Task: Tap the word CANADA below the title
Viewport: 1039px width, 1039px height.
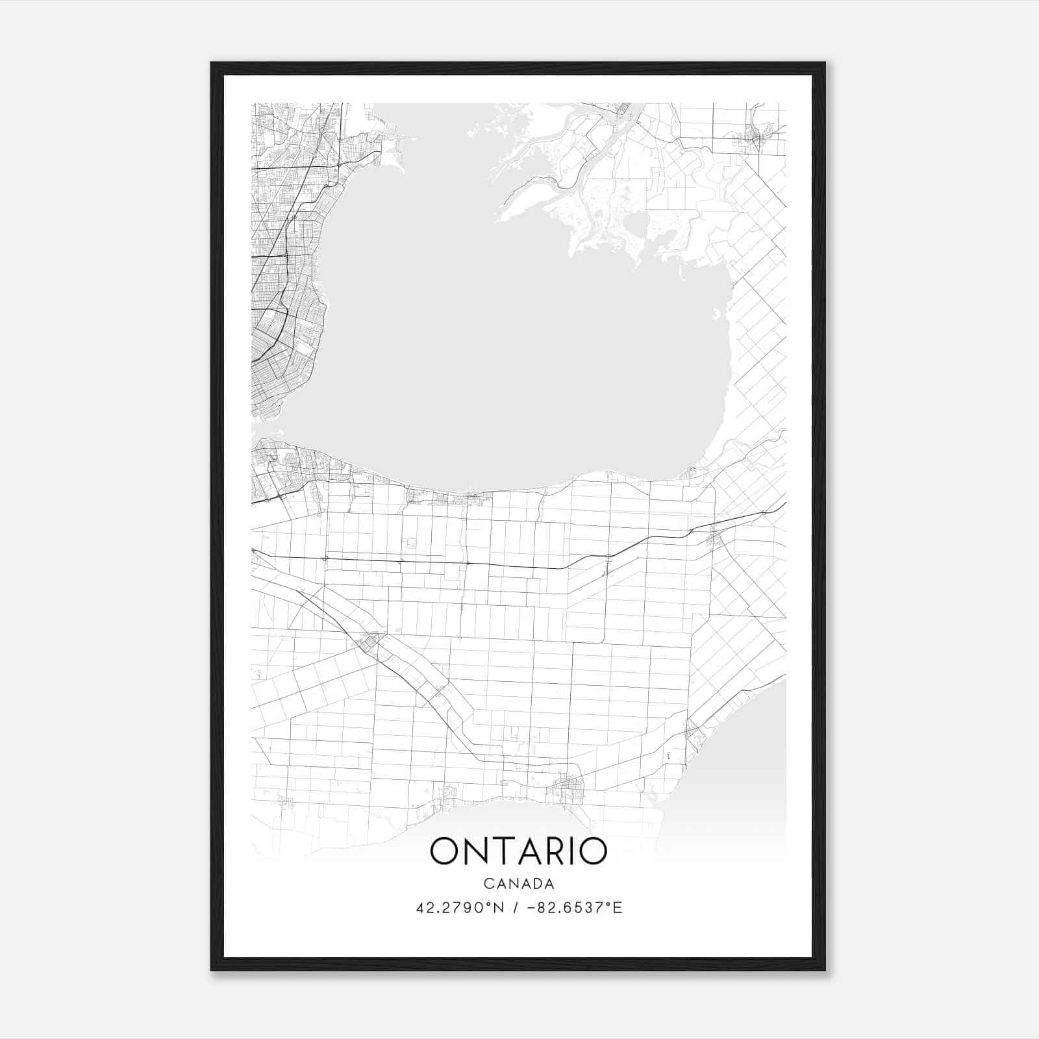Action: [x=518, y=883]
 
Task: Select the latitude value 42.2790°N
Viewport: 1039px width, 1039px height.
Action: [x=460, y=908]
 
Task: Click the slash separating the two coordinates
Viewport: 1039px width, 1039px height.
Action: [x=518, y=908]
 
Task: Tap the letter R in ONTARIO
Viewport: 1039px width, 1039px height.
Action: [x=559, y=851]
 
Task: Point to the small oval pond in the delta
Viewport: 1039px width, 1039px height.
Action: [x=634, y=227]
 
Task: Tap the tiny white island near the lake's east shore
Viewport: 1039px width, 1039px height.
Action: [x=716, y=316]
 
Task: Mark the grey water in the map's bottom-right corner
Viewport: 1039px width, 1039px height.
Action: [x=747, y=766]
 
